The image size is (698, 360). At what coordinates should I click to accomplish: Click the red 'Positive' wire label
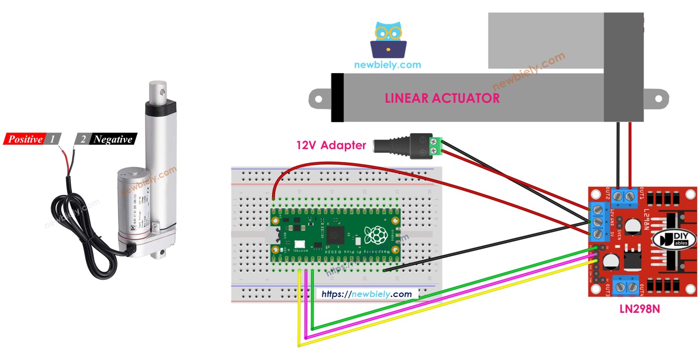[x=25, y=139]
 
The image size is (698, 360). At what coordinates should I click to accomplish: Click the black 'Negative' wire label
[x=113, y=139]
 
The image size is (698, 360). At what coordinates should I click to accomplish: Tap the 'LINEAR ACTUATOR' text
[x=442, y=98]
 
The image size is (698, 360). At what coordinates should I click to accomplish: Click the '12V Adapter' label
[x=331, y=145]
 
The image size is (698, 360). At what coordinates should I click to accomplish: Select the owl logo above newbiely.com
[x=388, y=40]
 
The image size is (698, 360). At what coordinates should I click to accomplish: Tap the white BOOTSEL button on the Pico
[x=299, y=245]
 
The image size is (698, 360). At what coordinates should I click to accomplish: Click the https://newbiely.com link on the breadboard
[x=367, y=294]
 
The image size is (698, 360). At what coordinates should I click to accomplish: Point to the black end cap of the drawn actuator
[x=337, y=98]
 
